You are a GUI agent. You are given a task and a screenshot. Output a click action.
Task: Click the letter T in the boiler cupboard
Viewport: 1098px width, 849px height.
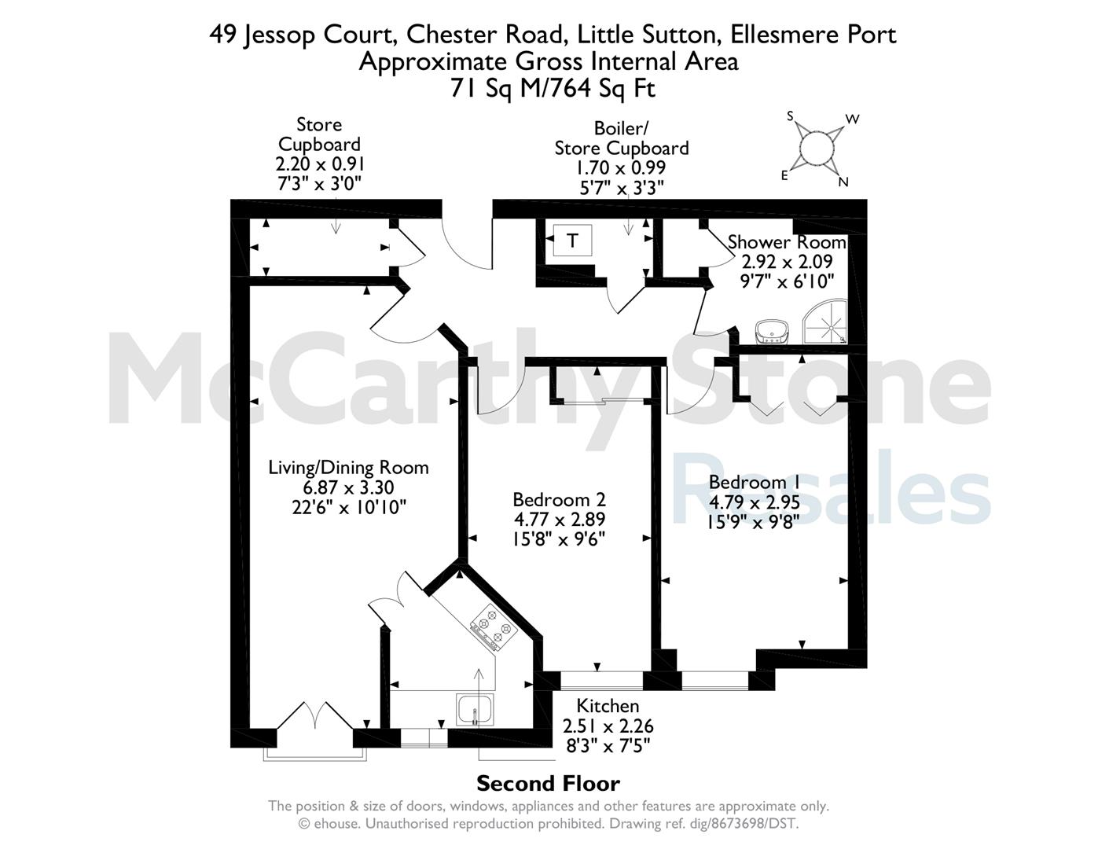(x=572, y=241)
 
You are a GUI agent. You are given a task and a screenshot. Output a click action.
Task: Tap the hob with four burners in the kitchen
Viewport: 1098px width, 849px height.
(x=494, y=627)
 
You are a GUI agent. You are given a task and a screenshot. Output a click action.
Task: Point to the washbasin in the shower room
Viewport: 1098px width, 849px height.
(x=772, y=332)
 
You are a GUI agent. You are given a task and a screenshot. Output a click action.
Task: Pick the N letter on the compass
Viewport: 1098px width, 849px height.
(x=843, y=182)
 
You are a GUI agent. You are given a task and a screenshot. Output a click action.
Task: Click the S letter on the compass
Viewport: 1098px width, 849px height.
(x=791, y=116)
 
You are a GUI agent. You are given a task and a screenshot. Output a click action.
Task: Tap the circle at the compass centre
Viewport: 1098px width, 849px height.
(x=817, y=148)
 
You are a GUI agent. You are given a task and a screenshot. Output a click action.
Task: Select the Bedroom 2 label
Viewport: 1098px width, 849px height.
(x=559, y=500)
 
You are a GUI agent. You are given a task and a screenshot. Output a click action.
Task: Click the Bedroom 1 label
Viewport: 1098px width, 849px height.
(x=755, y=482)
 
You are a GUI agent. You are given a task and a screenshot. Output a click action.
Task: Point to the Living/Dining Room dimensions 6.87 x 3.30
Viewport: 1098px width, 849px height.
(x=349, y=487)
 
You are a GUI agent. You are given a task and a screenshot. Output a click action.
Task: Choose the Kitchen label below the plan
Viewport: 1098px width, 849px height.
(x=608, y=706)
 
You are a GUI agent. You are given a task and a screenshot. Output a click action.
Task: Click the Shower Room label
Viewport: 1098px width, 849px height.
(x=787, y=242)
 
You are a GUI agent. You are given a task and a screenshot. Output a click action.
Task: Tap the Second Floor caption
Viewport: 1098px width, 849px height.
(x=549, y=785)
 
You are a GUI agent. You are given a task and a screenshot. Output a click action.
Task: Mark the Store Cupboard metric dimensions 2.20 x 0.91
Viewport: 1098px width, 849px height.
(x=320, y=164)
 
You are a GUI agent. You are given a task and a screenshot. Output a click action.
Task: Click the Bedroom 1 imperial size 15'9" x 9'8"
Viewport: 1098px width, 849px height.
(x=753, y=522)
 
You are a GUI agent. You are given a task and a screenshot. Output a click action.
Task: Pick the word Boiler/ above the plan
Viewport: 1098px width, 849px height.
(x=620, y=128)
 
